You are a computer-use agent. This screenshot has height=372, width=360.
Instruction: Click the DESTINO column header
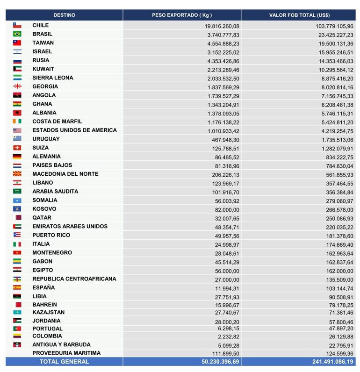click(x=64, y=15)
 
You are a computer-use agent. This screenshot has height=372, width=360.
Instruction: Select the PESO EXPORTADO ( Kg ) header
click(x=182, y=15)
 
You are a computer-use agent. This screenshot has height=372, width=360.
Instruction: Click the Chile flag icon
click(x=17, y=25)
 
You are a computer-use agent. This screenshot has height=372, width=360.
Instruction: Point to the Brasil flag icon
click(x=17, y=34)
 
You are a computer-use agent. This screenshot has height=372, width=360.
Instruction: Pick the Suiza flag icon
click(x=17, y=148)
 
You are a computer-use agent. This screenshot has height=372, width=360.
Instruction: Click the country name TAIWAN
click(x=43, y=43)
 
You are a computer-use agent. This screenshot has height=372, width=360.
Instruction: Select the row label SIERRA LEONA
click(x=53, y=78)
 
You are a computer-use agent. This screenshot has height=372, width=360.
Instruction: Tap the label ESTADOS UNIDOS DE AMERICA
click(x=75, y=130)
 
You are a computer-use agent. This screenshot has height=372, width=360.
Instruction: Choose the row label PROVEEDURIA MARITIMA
click(x=66, y=353)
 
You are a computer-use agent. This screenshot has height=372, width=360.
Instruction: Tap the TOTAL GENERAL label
click(x=64, y=361)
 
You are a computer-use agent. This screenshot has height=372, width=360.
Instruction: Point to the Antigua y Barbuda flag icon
click(x=17, y=344)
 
